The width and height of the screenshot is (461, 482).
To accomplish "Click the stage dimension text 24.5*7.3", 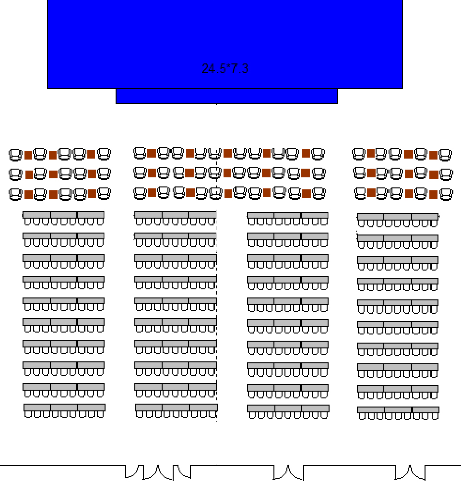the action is point(225,69).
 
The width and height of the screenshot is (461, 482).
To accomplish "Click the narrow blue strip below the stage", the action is point(227,96).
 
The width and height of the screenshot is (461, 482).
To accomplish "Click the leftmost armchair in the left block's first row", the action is point(15,155).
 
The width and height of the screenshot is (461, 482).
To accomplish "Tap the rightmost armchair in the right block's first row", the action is point(445,155).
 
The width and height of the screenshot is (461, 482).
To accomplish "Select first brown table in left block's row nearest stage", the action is point(28,155).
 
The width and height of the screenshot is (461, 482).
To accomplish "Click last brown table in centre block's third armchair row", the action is point(307,193).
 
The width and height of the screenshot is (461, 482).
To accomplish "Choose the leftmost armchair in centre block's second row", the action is point(140,173).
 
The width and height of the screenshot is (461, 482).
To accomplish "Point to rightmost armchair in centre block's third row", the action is point(319,194).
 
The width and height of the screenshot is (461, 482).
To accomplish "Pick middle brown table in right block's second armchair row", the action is point(409,174).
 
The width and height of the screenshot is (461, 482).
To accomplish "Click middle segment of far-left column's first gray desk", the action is point(64,214).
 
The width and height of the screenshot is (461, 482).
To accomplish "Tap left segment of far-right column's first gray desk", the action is point(370,217).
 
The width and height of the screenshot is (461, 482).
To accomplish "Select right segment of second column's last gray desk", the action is point(203,408).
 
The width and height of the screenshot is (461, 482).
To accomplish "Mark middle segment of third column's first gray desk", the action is point(287,215).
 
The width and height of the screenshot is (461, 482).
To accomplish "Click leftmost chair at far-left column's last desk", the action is point(28,414).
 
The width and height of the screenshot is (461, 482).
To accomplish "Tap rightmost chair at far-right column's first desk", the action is point(434,223).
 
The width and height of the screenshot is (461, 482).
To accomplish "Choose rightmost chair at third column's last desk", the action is point(324,415).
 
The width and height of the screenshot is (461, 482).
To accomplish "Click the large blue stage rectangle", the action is point(225,44).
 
